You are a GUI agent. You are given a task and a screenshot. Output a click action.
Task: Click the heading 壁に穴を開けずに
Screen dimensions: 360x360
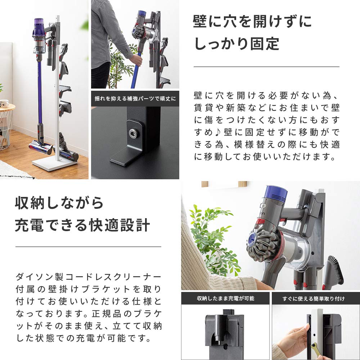click(x=252, y=22)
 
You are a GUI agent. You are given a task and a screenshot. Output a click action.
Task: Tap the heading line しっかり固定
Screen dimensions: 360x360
click(x=237, y=44)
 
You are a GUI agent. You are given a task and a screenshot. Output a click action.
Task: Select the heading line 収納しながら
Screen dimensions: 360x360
click(x=59, y=203)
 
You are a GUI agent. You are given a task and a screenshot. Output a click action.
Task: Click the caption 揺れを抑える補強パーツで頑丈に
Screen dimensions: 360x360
click(x=135, y=98)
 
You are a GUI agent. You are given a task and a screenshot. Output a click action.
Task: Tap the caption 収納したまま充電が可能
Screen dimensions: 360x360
click(x=225, y=298)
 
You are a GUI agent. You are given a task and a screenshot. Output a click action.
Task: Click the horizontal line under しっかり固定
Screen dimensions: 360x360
click(x=266, y=67)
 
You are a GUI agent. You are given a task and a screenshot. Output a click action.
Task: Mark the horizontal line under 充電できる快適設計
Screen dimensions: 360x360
click(x=88, y=247)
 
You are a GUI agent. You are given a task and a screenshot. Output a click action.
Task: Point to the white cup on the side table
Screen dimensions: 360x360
click(x=4, y=103)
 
